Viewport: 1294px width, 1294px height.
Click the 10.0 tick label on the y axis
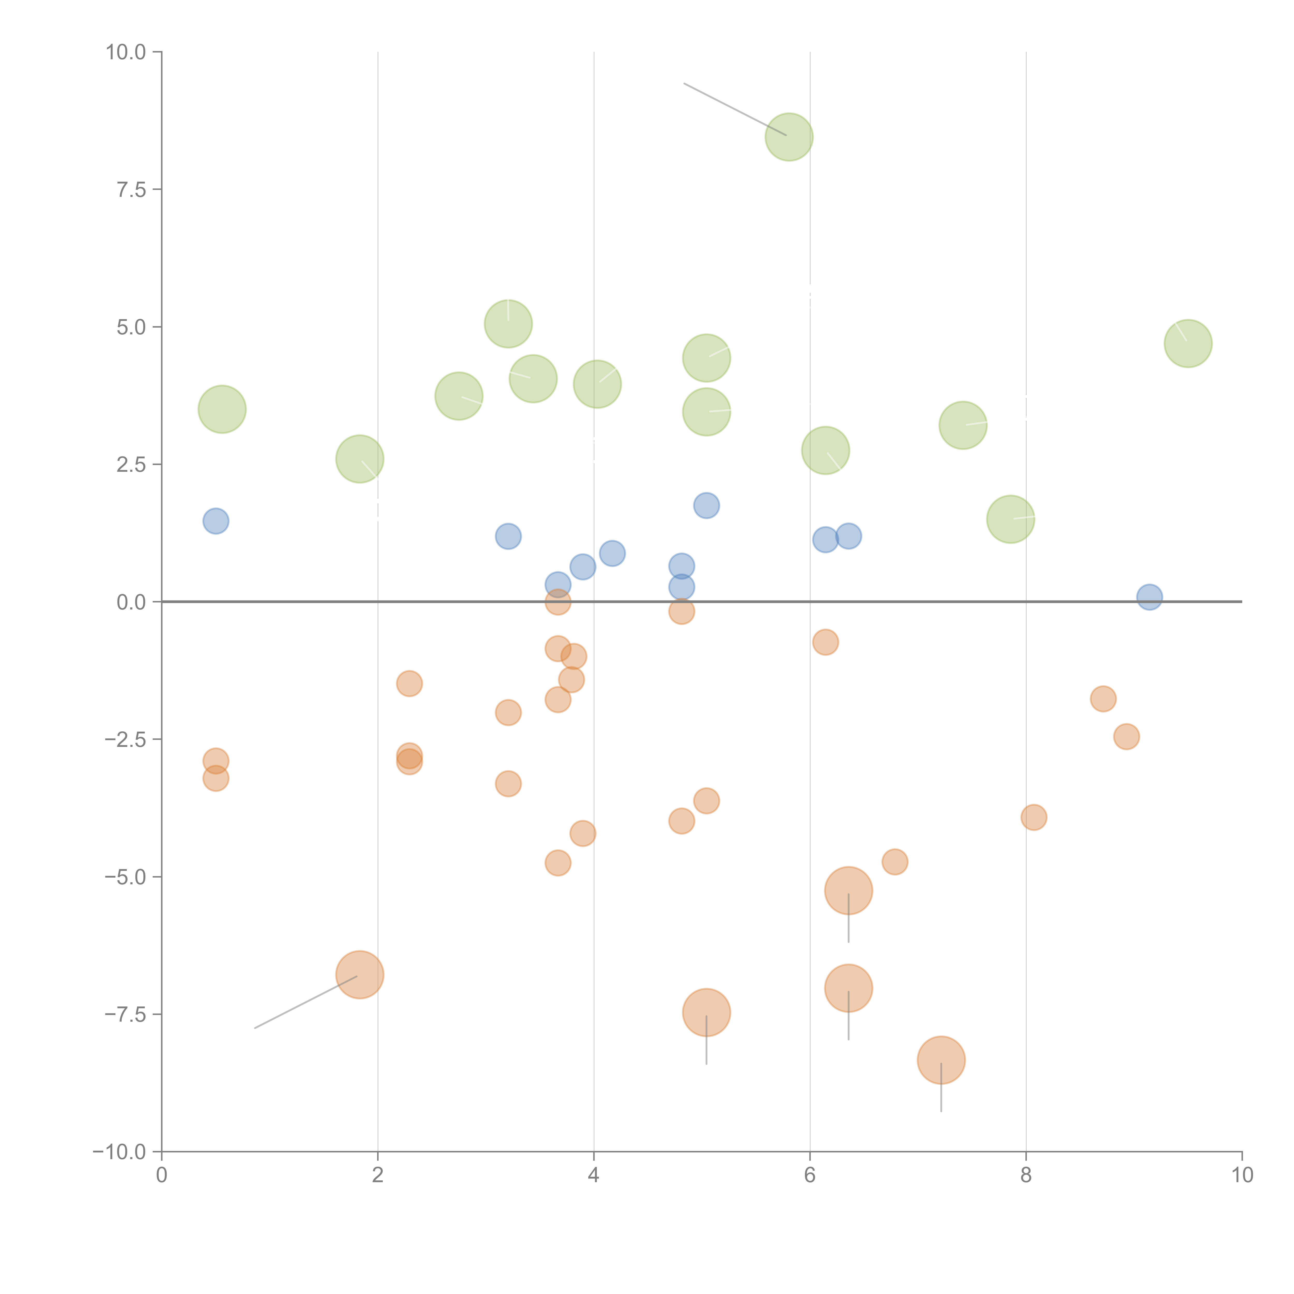126,52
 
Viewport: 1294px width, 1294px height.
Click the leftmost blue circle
216,521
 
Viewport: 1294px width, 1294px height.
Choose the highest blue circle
706,506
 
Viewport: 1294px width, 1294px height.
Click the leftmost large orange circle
360,975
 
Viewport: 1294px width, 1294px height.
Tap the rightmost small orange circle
1127,737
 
